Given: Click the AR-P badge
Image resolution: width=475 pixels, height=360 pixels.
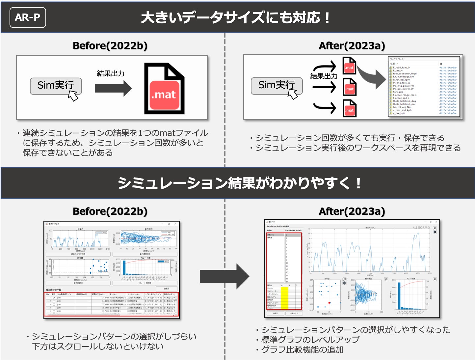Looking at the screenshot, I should point(28,17).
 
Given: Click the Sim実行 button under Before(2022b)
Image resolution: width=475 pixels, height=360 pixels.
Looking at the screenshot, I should point(56,86).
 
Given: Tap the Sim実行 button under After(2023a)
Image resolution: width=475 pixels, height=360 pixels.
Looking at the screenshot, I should point(277,85).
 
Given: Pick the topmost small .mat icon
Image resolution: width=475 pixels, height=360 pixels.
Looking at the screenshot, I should point(349,66).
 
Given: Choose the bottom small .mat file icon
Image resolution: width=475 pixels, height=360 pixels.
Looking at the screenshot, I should point(349,108).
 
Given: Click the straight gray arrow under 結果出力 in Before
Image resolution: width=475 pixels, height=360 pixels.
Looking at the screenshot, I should point(113,88).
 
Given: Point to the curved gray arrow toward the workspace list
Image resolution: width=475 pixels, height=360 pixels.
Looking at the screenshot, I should point(372,76).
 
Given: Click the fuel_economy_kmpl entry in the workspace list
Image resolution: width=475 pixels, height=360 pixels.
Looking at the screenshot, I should point(405,73).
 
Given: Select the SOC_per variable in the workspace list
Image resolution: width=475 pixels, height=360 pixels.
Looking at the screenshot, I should point(398,92).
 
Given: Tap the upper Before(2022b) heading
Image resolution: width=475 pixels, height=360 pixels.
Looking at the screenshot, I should point(110,46).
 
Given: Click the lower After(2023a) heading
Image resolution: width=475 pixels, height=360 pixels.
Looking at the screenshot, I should point(352,211).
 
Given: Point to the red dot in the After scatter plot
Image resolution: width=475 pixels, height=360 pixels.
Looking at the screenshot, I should point(329,303).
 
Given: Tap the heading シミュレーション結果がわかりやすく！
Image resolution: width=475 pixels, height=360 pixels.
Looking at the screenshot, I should point(240,183).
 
